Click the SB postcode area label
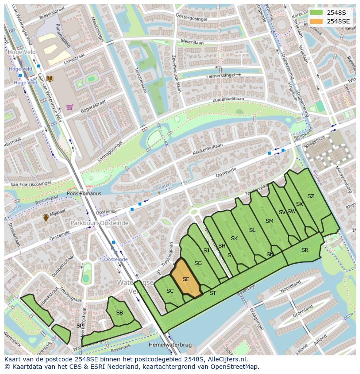click(120, 312)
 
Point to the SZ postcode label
click(310, 196)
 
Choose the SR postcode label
click(304, 250)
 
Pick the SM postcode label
click(270, 221)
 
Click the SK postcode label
click(234, 238)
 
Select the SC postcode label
click(170, 291)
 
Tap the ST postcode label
click(213, 293)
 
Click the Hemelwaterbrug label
click(170, 344)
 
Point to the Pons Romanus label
click(84, 193)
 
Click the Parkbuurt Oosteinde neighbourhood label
click(100, 223)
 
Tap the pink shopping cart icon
click(69, 107)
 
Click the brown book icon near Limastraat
click(50, 78)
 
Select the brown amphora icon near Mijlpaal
click(45, 218)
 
